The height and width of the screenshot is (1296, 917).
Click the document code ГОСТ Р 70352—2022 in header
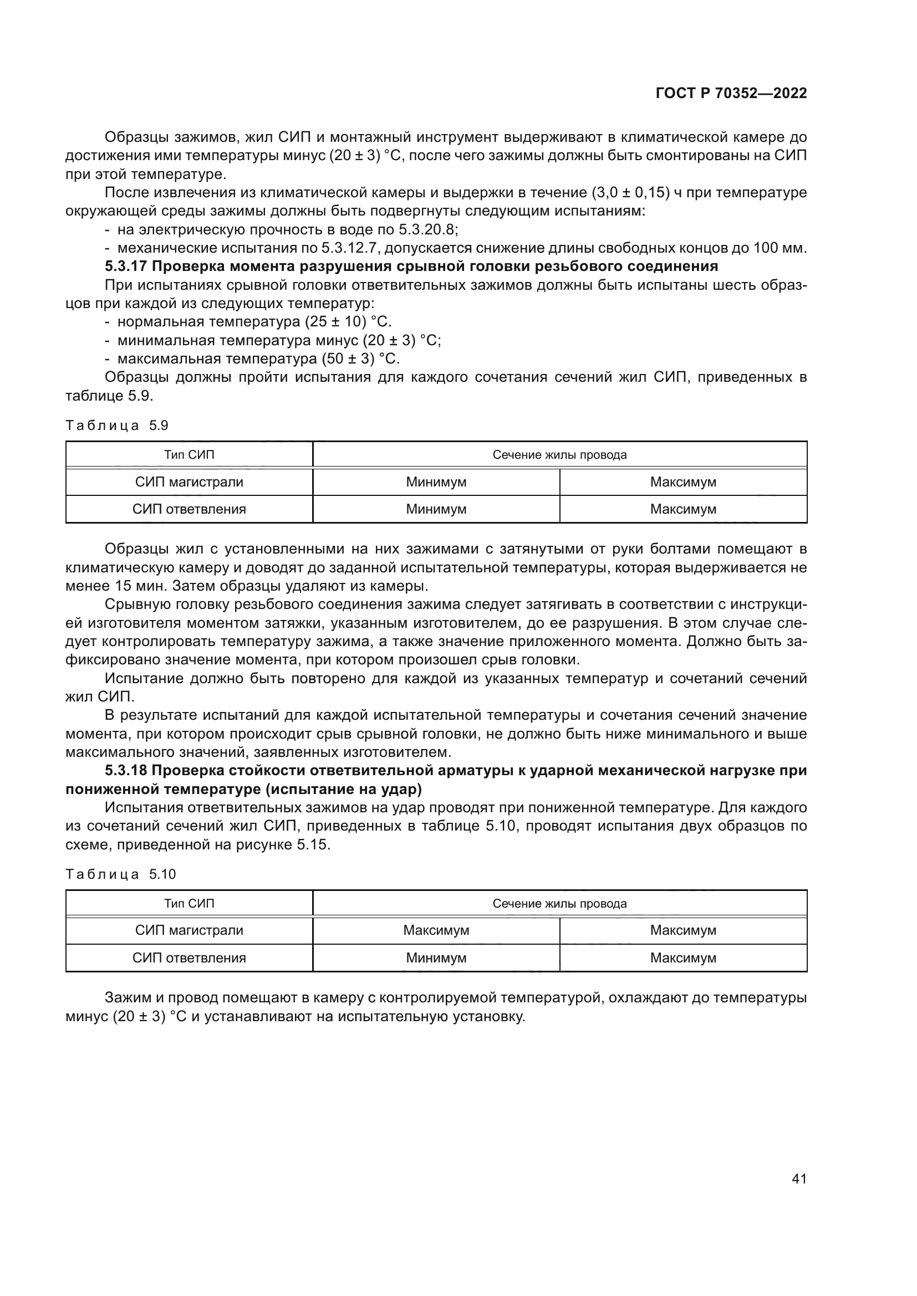(x=731, y=94)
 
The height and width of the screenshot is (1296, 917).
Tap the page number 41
(x=799, y=1179)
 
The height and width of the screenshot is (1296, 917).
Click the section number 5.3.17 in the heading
(x=125, y=267)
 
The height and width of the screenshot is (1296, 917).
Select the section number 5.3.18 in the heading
(x=125, y=771)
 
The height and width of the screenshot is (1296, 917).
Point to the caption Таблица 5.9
(x=117, y=426)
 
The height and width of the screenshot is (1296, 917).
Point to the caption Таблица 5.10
(x=121, y=874)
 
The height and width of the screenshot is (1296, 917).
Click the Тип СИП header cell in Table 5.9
(x=189, y=455)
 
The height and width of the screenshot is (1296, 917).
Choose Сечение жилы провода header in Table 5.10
(x=559, y=904)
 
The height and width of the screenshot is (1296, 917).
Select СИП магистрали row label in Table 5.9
(x=189, y=483)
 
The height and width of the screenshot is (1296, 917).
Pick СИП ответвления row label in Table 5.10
(x=189, y=958)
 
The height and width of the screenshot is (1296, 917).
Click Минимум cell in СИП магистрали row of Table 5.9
(x=436, y=483)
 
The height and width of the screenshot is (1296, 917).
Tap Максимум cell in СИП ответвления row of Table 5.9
(x=682, y=509)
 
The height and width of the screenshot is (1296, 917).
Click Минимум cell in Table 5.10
(x=436, y=958)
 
